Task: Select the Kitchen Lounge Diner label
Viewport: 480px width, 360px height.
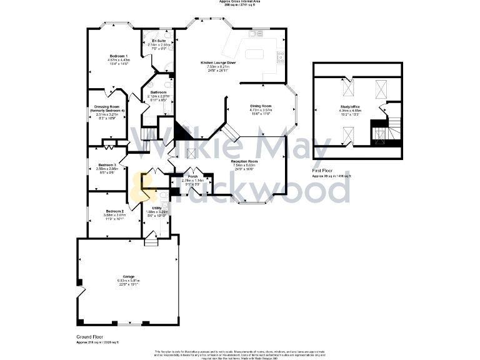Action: click(x=218, y=63)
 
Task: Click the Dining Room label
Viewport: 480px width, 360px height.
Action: click(x=261, y=106)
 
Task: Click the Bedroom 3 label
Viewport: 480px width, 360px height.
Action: click(x=107, y=165)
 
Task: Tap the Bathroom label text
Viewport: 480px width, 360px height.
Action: click(x=157, y=92)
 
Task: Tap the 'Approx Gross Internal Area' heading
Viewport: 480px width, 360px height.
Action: click(x=240, y=2)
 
